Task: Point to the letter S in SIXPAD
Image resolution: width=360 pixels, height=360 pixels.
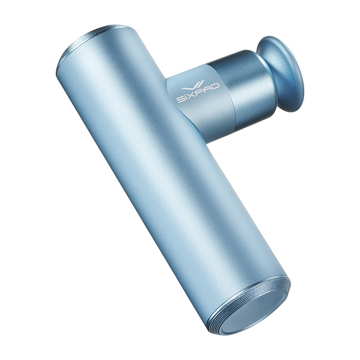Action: coord(180,100)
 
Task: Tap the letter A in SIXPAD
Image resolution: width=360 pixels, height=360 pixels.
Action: coord(207,90)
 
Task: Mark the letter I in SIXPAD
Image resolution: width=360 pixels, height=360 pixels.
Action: coord(185,98)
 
